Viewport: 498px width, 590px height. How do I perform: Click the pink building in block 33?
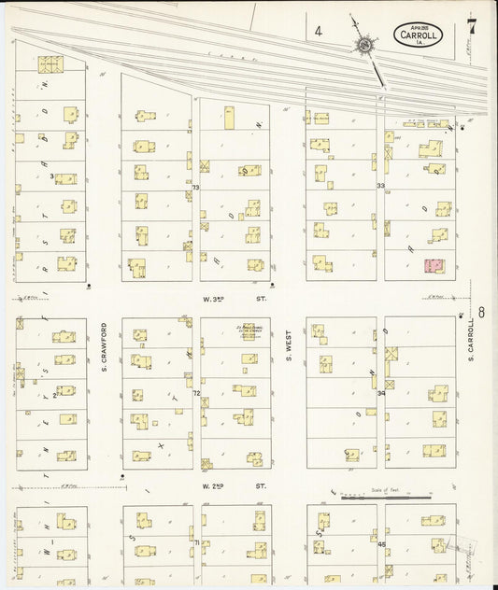tap(434, 266)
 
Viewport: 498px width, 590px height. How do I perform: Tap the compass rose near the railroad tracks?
tap(362, 43)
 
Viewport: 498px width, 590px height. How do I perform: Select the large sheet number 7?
tap(472, 26)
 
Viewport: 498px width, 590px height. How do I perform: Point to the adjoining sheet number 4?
tap(319, 32)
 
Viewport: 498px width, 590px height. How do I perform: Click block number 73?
tap(195, 188)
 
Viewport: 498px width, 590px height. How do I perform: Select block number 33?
tap(380, 187)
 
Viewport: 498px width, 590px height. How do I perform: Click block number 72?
tap(196, 394)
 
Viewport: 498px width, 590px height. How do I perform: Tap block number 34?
tap(380, 393)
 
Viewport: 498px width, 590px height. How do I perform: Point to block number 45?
tap(381, 543)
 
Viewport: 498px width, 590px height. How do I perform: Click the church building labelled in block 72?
tap(249, 331)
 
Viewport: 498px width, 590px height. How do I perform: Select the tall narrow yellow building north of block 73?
tap(228, 118)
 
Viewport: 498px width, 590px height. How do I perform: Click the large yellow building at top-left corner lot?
tap(49, 64)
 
